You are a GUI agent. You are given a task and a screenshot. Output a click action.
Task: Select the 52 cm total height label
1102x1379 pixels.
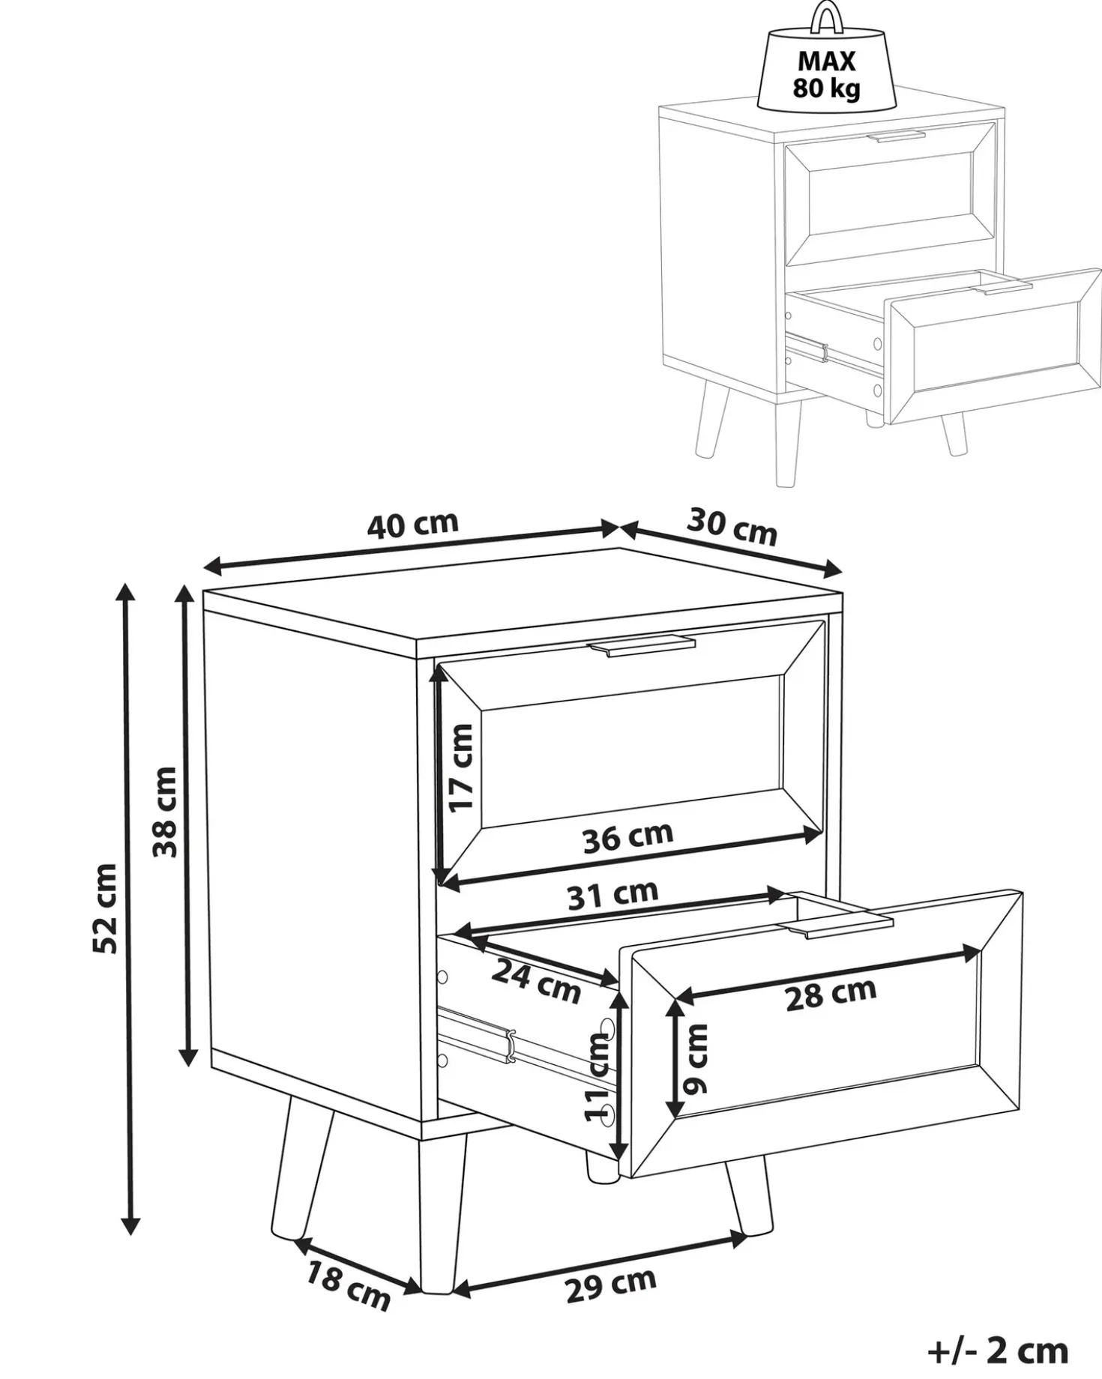(105, 908)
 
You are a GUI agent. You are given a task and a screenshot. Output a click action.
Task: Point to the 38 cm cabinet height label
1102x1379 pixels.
(164, 812)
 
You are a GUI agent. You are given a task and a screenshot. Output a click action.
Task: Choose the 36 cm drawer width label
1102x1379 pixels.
(628, 837)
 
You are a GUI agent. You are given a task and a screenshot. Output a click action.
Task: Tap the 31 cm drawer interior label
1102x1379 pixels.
(612, 893)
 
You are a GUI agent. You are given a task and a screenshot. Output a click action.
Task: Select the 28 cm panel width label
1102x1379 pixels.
(831, 994)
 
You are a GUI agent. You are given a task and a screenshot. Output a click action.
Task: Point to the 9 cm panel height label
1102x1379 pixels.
(696, 1059)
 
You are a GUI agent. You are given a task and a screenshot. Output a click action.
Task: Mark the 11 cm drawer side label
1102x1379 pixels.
(600, 1076)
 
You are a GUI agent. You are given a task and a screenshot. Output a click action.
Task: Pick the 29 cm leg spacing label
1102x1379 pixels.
(611, 1285)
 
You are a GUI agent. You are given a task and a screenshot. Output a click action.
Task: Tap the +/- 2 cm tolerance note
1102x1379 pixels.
(997, 1350)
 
